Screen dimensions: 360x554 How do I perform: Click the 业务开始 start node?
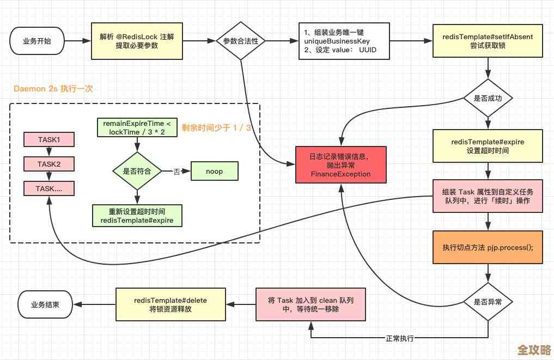[36, 41]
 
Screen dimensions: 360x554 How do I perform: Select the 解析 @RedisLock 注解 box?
[137, 41]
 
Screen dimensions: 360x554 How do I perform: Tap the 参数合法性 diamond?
[240, 41]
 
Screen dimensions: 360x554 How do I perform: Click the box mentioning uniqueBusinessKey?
[344, 41]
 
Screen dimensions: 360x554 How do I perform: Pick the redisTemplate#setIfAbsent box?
[488, 41]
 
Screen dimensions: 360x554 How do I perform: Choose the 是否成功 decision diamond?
[488, 98]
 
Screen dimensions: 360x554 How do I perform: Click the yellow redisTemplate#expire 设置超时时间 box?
[488, 146]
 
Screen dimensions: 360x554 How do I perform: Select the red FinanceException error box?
[340, 165]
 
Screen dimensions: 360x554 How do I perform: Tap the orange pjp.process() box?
[488, 247]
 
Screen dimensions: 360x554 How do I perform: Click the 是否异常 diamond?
[488, 301]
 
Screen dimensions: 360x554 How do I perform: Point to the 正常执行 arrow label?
[400, 338]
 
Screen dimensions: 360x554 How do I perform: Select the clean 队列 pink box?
[310, 305]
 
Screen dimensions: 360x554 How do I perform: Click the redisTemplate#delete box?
[171, 305]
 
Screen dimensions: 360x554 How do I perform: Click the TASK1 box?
[49, 139]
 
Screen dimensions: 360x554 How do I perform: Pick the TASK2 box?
[49, 164]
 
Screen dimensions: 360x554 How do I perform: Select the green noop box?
[214, 171]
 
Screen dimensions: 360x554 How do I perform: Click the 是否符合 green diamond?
[137, 171]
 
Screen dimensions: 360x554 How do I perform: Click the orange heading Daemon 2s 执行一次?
[53, 89]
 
